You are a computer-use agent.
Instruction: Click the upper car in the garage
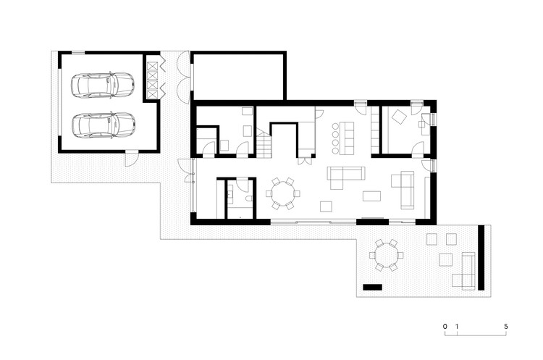coord(103,85)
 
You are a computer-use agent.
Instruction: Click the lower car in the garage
coord(104,125)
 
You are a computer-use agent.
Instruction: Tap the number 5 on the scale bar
coord(506,327)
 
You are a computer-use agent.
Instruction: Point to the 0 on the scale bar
coord(445,327)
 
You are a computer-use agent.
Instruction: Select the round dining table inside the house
coord(282,193)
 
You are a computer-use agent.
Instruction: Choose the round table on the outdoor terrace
coord(386,255)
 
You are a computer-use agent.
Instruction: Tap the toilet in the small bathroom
coord(248,200)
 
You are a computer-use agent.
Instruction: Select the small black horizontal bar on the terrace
coord(372,288)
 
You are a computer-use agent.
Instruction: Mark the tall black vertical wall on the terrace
coord(481,257)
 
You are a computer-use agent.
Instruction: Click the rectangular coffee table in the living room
coord(371,196)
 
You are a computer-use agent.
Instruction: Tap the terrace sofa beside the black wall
coord(464,271)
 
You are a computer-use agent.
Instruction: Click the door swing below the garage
coord(132,159)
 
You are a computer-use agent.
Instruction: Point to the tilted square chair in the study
coord(399,117)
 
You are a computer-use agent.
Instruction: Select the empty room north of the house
coord(239,76)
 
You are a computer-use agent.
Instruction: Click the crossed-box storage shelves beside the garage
coord(152,80)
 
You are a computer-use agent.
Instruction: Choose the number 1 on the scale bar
coord(457,327)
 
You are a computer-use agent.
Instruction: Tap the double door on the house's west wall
coord(188,170)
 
